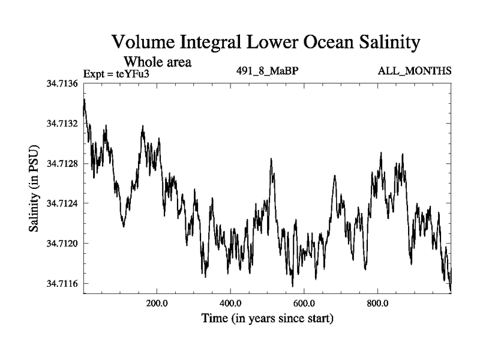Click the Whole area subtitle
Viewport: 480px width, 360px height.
157,61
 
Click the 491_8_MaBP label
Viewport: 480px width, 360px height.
268,71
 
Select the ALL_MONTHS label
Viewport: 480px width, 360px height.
414,71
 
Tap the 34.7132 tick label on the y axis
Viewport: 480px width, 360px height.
62,124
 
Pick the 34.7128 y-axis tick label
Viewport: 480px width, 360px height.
62,163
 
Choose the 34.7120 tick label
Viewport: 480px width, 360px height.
62,243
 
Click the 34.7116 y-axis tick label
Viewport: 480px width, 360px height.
62,283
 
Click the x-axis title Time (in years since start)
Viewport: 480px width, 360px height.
268,318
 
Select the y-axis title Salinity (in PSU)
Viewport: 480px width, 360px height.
34,189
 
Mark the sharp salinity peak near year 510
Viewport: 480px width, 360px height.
271,159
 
